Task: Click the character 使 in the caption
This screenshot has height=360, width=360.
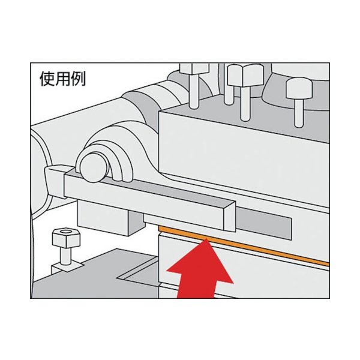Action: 48,79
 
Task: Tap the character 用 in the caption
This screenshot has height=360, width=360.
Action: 63,79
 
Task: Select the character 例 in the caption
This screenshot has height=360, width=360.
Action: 78,79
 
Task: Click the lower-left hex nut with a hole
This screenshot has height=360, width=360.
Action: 67,238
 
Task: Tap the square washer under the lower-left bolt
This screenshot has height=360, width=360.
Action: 67,266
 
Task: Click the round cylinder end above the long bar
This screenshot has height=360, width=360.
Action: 93,167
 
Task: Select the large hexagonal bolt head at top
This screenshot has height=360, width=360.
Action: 245,76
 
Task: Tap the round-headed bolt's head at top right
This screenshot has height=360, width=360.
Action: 299,89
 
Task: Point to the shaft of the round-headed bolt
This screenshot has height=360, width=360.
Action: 299,113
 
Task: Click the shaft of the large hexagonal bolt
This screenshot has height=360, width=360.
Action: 245,104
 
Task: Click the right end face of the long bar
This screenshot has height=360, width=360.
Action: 230,217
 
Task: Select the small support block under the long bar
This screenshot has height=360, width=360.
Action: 110,217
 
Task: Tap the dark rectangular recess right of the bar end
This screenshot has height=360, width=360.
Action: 263,223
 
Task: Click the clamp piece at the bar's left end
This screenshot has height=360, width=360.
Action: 55,181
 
